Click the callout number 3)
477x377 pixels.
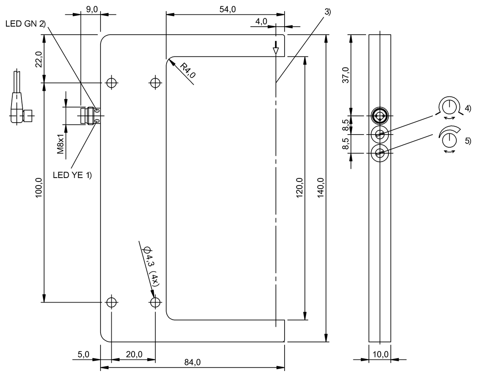tap(327, 12)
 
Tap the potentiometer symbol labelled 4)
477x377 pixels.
tap(449, 106)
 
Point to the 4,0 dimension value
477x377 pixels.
tap(262, 21)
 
